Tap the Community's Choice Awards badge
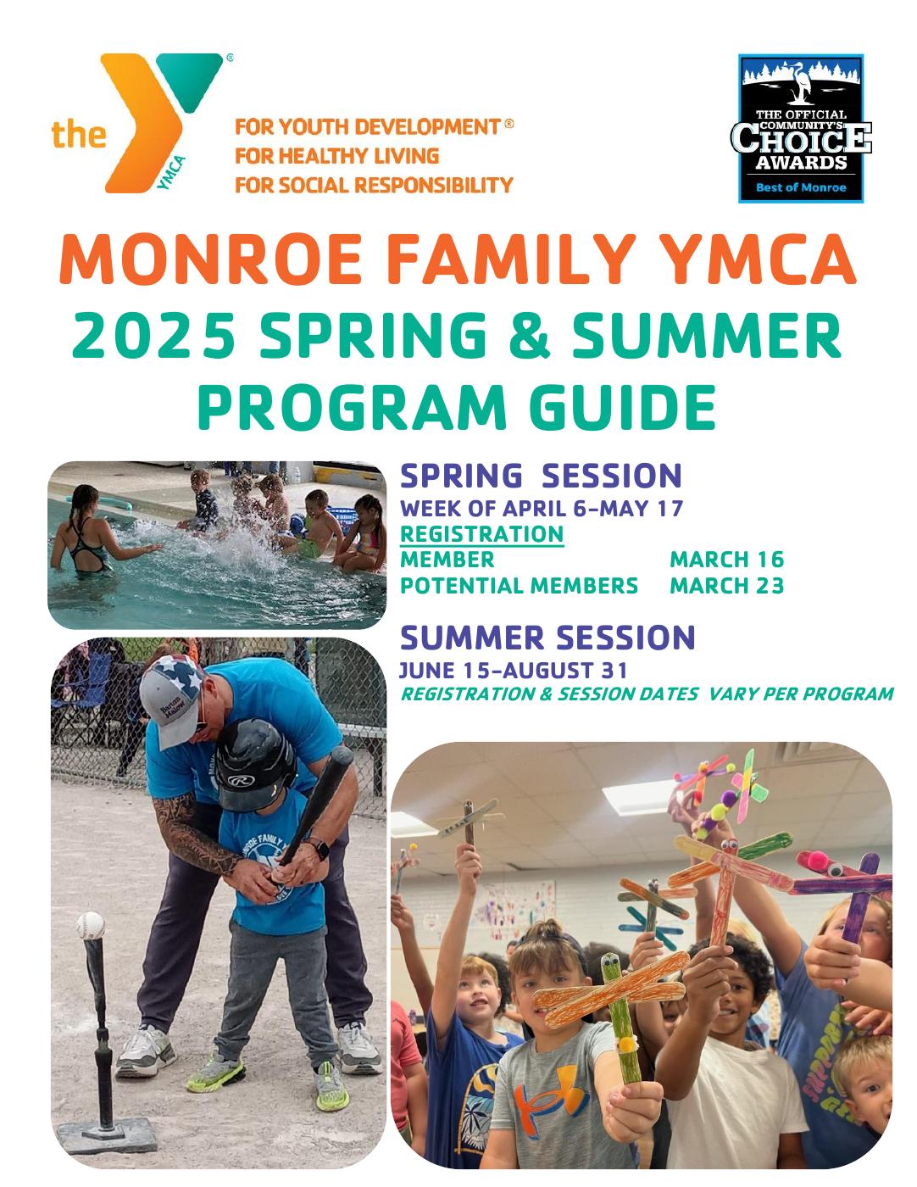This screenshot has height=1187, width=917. [800, 128]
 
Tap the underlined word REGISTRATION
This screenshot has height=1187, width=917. [481, 534]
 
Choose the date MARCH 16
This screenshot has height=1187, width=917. [726, 560]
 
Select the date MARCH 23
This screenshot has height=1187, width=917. [726, 586]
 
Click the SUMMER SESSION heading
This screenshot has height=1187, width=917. [547, 637]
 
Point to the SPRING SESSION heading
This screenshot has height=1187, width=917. [540, 476]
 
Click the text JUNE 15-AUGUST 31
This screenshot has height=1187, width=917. [513, 670]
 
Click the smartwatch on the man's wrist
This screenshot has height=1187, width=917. [320, 847]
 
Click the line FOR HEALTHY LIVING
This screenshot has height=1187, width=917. [336, 156]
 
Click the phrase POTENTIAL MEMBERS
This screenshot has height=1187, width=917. [518, 586]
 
